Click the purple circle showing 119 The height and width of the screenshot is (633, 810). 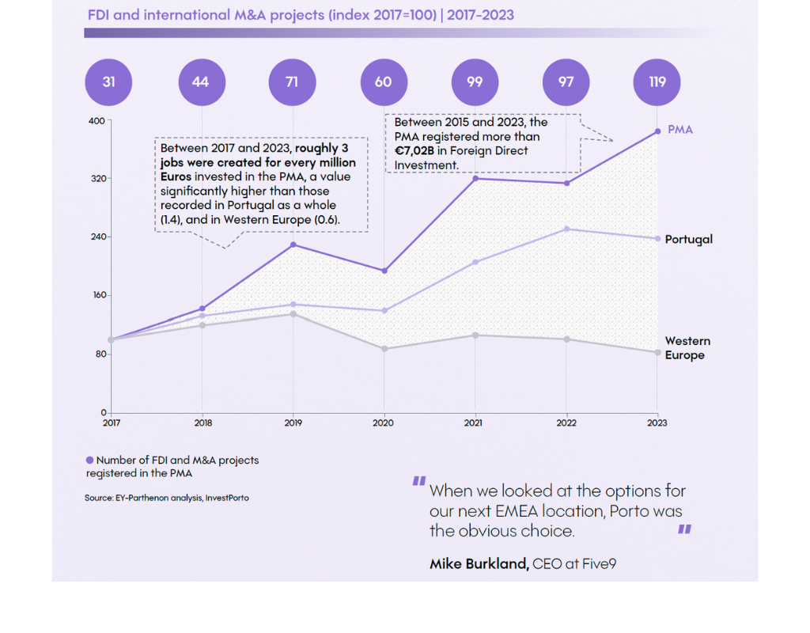pyautogui.click(x=657, y=81)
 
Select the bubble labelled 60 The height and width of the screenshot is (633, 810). pyautogui.click(x=383, y=81)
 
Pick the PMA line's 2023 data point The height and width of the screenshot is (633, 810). pyautogui.click(x=657, y=131)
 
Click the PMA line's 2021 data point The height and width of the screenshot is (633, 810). pyautogui.click(x=475, y=179)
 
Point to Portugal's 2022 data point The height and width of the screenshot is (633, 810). pyautogui.click(x=566, y=229)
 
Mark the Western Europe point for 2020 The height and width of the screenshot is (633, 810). pyautogui.click(x=384, y=349)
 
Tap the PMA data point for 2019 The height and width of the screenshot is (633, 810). pyautogui.click(x=293, y=244)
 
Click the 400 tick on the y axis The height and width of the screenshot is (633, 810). pyautogui.click(x=97, y=120)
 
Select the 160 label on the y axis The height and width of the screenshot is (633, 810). pyautogui.click(x=97, y=295)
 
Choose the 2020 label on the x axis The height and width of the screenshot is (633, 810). pyautogui.click(x=384, y=423)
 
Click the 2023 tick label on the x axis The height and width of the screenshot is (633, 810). pyautogui.click(x=657, y=423)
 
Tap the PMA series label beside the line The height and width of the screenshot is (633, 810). pyautogui.click(x=679, y=130)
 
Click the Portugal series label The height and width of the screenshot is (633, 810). pyautogui.click(x=688, y=239)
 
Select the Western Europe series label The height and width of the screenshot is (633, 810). pyautogui.click(x=687, y=348)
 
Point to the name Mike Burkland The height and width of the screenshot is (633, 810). pyautogui.click(x=479, y=564)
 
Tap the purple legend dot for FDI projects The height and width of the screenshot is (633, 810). pyautogui.click(x=89, y=460)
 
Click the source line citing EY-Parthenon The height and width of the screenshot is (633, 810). pyautogui.click(x=166, y=498)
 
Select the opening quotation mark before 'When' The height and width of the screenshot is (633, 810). pyautogui.click(x=418, y=482)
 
